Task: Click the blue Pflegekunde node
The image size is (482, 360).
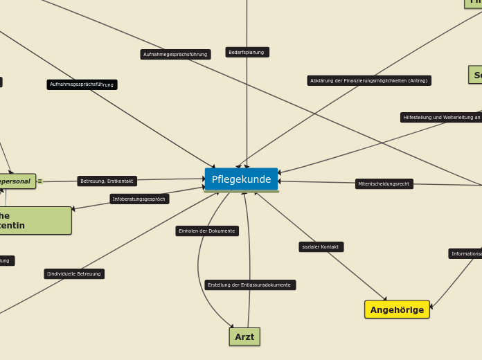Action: tap(241, 179)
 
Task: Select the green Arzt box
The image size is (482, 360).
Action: tap(244, 336)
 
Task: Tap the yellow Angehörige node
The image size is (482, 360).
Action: tap(397, 309)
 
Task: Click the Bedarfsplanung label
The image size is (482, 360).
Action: tap(247, 52)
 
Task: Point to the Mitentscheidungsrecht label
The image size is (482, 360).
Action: tap(384, 183)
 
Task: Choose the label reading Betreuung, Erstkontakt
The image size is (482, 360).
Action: tap(107, 181)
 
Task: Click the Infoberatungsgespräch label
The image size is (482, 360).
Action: tap(139, 199)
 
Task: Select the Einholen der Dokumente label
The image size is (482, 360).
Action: tap(207, 231)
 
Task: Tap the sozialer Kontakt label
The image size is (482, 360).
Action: tap(321, 246)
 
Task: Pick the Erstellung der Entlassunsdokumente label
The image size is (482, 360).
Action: tap(250, 285)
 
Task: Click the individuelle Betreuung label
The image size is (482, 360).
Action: tap(74, 273)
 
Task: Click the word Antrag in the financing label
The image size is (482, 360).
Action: tap(417, 80)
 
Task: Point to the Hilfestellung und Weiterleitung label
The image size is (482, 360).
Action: tap(441, 117)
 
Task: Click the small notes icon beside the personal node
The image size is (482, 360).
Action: tap(40, 181)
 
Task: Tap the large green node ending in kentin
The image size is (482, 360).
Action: tap(35, 220)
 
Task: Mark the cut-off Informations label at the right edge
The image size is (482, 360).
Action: tap(465, 253)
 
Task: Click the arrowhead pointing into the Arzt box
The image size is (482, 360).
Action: tap(232, 326)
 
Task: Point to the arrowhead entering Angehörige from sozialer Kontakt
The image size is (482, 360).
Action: tap(385, 299)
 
